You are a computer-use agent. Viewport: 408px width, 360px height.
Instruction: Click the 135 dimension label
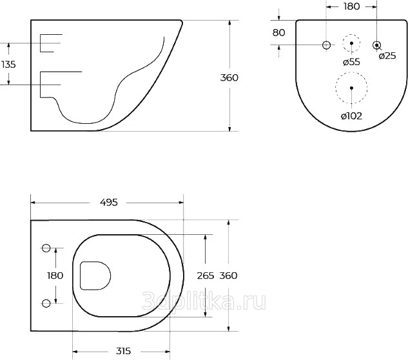(x=8, y=64)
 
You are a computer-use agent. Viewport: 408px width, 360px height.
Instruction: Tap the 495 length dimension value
(x=109, y=202)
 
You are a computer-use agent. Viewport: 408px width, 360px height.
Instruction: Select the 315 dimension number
(x=123, y=351)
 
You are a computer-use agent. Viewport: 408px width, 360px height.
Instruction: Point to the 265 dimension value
(x=206, y=275)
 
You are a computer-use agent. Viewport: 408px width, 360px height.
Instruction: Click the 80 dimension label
(x=278, y=32)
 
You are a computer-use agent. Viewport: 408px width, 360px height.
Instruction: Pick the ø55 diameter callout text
(x=351, y=62)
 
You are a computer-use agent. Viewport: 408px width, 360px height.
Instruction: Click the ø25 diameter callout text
(x=387, y=55)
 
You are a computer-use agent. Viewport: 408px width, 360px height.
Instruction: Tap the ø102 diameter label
(x=351, y=116)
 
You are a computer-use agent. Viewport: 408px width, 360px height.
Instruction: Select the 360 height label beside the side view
(x=229, y=77)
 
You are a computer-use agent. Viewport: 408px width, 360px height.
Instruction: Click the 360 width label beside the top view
(x=228, y=275)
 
